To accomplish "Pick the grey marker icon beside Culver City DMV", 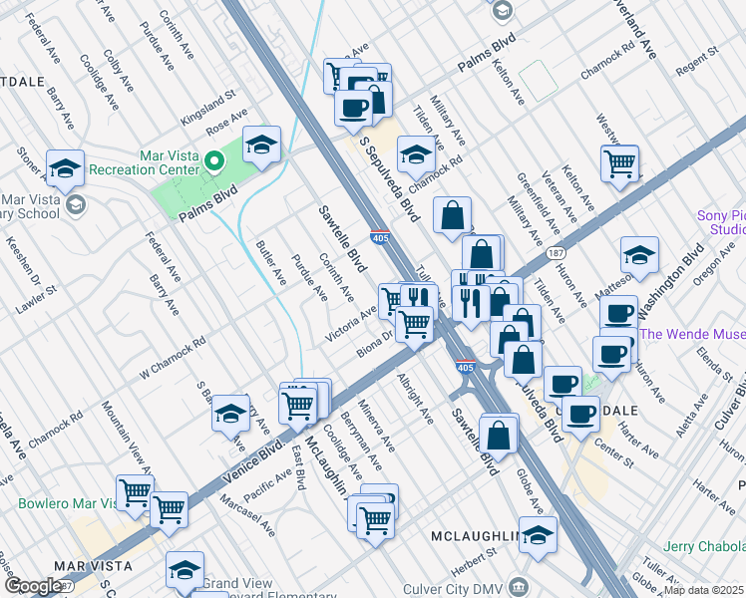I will [x=519, y=585].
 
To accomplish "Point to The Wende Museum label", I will [x=692, y=335].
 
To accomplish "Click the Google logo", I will [x=33, y=586].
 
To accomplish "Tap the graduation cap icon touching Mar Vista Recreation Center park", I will [x=261, y=147].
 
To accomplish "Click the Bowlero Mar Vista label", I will [x=68, y=503].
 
